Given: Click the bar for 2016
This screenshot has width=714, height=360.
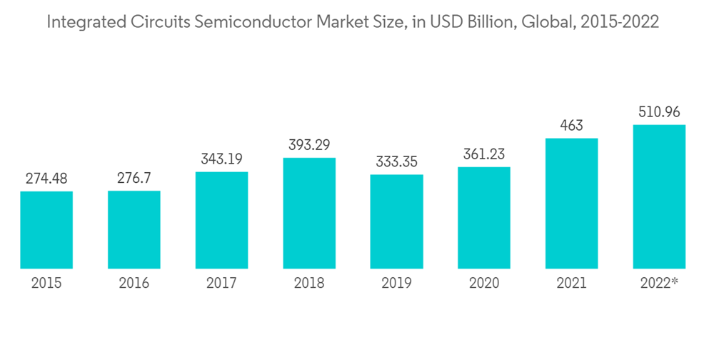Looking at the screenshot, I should (134, 229).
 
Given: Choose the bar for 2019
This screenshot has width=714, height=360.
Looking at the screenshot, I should (396, 221).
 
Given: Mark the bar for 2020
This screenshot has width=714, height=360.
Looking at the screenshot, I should (484, 218).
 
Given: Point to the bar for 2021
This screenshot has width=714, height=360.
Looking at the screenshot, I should (571, 204).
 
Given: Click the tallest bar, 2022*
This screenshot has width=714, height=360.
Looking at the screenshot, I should (659, 196).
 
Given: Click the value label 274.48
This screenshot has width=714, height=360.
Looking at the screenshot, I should (46, 179).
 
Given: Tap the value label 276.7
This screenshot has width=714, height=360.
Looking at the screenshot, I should (134, 178).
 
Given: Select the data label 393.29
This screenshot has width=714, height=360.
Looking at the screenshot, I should (309, 145).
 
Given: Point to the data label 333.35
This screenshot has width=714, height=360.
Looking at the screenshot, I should (396, 161).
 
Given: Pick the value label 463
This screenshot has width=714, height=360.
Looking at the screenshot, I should (571, 126).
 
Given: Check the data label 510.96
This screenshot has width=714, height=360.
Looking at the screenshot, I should (659, 112).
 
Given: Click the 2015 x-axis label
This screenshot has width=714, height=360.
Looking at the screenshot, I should (46, 284).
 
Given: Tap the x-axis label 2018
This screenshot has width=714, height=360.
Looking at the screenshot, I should (309, 284).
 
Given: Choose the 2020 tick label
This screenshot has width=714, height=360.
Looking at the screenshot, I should (484, 284).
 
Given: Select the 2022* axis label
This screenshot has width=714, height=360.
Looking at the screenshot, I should (659, 284).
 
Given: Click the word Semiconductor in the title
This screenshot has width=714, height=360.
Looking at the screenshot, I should (241, 23).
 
